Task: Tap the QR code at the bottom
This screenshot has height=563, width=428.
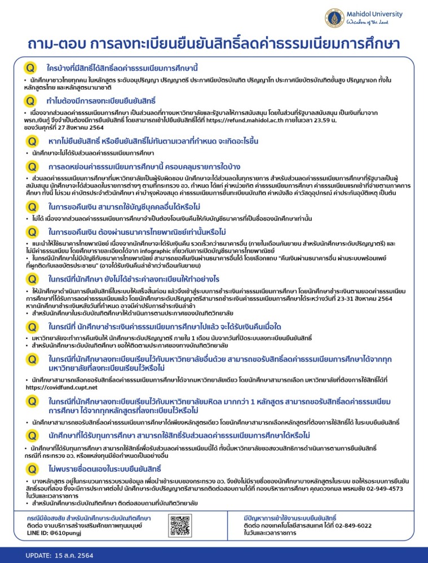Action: coord(179,525)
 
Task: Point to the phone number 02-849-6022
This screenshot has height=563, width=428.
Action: coord(351,525)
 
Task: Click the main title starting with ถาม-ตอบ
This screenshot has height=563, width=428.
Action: coord(214,44)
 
